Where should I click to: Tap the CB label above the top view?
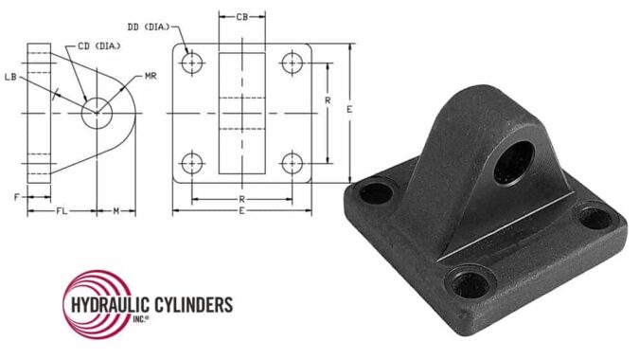click(242, 17)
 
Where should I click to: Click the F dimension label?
click(16, 196)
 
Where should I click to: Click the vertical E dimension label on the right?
click(349, 111)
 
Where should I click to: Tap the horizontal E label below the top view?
click(242, 211)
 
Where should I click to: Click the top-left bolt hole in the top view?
click(193, 63)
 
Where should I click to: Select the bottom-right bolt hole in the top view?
click(292, 160)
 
